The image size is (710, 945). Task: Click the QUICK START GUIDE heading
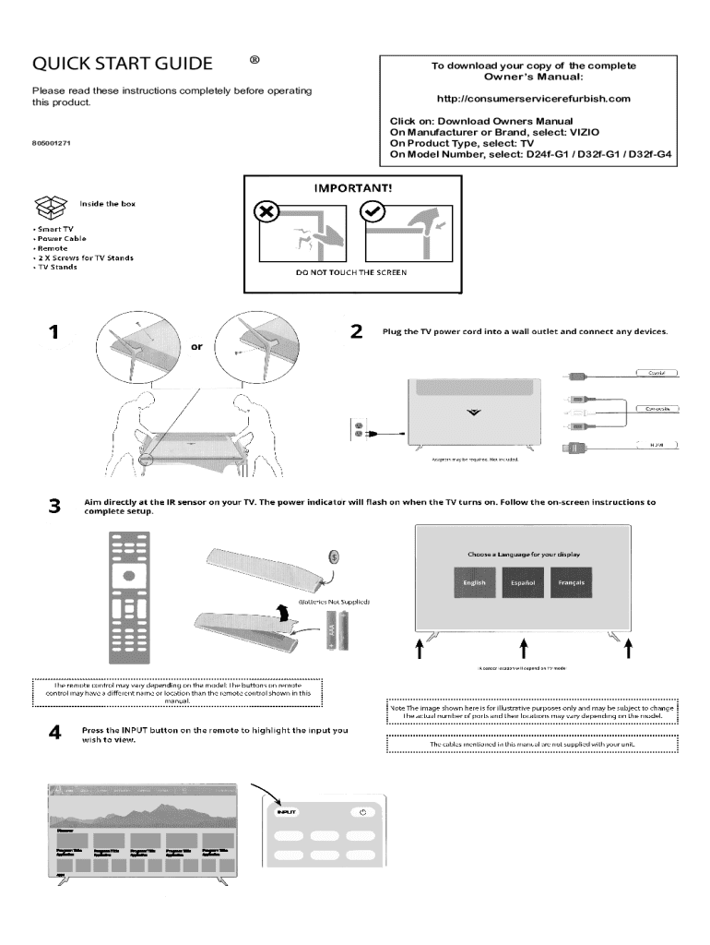point(123,64)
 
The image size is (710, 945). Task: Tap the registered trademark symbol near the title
point(254,60)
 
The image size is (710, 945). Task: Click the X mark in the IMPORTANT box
point(266,211)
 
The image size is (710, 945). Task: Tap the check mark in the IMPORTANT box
point(373,211)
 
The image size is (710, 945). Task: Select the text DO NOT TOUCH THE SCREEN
point(350,273)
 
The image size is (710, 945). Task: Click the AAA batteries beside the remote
point(337,632)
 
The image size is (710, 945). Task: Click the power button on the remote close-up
point(363,811)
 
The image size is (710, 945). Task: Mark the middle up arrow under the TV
point(524,649)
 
